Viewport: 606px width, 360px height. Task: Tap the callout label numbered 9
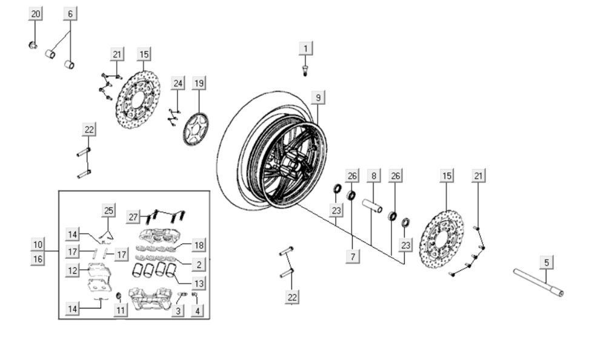(318, 97)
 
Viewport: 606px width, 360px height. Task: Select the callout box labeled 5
(547, 262)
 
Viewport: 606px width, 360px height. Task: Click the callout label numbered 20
(36, 13)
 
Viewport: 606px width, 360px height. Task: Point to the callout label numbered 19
(199, 82)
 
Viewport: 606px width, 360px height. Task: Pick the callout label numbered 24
(177, 82)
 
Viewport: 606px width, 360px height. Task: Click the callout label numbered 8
(373, 176)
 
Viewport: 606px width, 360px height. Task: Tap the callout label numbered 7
(351, 256)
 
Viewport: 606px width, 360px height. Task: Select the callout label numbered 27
(134, 216)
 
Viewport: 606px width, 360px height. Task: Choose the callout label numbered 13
(199, 283)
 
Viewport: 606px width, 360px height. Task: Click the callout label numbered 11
(121, 311)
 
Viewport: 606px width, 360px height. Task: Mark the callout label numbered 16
(38, 259)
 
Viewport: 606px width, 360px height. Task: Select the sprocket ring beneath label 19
(196, 128)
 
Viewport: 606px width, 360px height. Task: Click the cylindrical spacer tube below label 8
(373, 207)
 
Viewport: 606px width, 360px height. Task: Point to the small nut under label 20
(33, 44)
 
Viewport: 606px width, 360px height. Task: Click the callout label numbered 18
(199, 245)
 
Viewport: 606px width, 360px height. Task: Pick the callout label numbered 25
(108, 211)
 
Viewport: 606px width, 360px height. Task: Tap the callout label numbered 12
(73, 271)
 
